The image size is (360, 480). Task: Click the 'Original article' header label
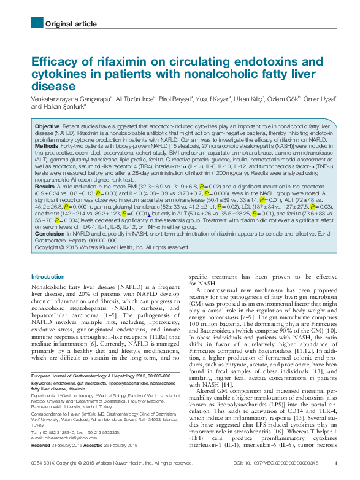point(71,24)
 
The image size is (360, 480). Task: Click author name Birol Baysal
point(176,98)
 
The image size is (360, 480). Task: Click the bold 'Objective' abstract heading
point(47,125)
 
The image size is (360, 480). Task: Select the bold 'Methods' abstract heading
point(47,147)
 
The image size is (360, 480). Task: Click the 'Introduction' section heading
point(48,277)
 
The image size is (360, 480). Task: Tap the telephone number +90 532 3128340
point(60,432)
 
